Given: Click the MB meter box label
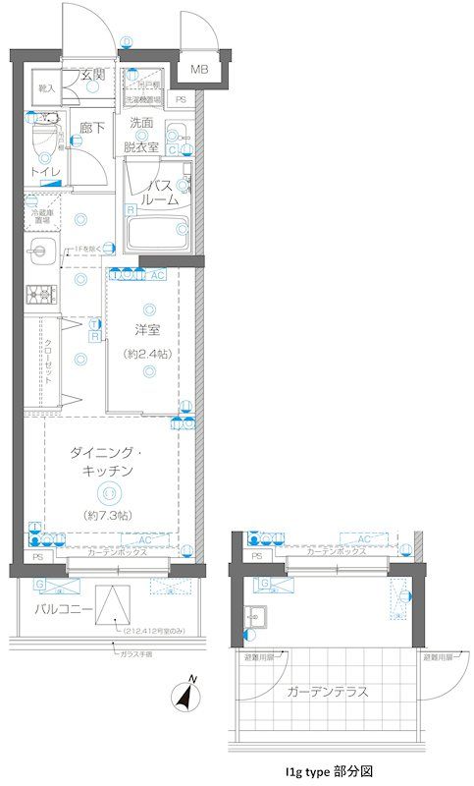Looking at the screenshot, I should tap(199, 69).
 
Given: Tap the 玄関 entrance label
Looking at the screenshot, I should tap(94, 75).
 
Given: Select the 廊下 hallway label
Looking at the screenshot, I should tap(92, 128).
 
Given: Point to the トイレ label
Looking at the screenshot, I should tap(44, 172).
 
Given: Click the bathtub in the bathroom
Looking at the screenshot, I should tap(158, 234).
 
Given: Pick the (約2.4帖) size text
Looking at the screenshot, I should tap(148, 353).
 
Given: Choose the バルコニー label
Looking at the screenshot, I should tap(64, 610).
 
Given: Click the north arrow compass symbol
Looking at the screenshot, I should tap(184, 695).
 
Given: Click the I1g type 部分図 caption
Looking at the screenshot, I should tap(328, 772).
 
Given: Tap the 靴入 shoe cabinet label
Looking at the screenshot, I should tap(46, 88).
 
